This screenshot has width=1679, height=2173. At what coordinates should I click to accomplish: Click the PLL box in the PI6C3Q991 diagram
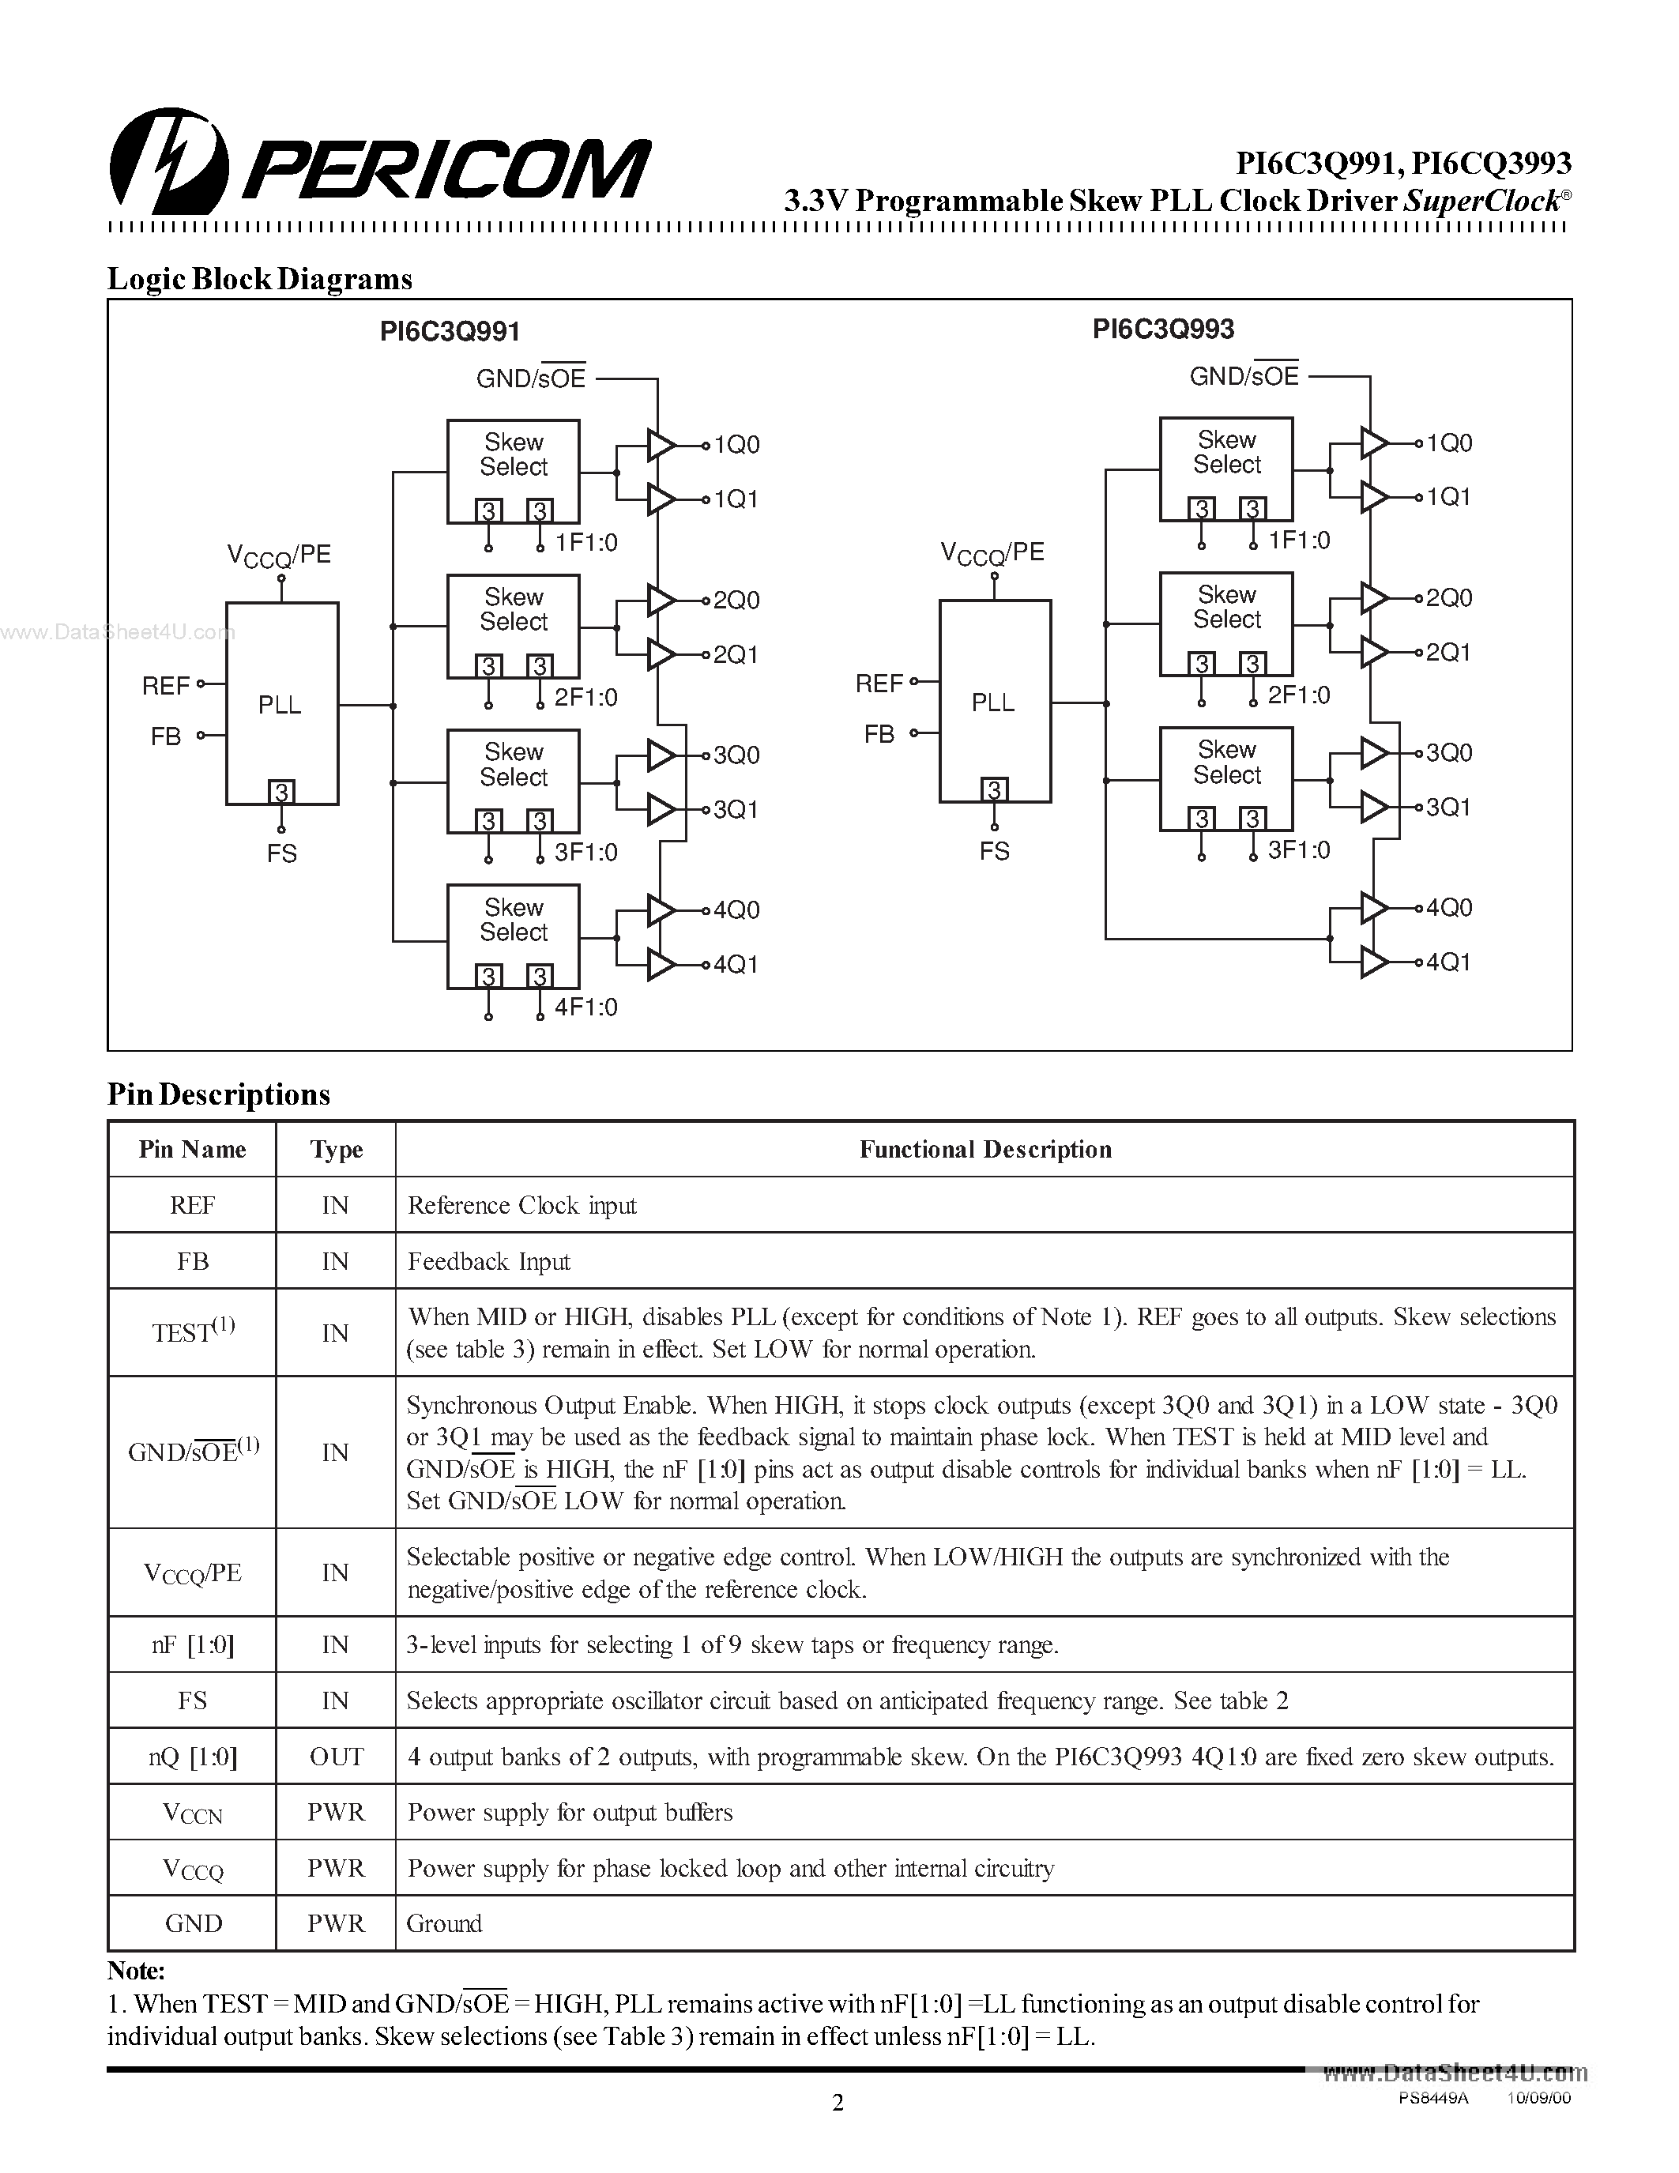(281, 703)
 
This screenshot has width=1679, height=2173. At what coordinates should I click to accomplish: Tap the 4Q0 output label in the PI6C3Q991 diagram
(736, 909)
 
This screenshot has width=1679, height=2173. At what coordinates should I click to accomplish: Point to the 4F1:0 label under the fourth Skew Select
(585, 1007)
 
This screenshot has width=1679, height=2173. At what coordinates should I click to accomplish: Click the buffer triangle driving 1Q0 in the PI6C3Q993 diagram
(1374, 443)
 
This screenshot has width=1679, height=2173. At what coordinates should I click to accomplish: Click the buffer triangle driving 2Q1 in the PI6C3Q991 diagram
(661, 655)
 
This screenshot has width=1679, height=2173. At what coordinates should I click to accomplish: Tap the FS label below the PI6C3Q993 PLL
(994, 851)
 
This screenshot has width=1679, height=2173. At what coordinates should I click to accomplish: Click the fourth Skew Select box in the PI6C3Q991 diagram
(514, 936)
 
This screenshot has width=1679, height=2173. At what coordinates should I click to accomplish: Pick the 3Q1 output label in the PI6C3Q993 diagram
(1448, 807)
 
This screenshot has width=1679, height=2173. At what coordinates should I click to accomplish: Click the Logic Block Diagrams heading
(260, 279)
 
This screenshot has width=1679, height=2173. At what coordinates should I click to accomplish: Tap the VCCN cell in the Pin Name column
(192, 1813)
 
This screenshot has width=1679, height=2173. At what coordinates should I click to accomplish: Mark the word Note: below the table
(136, 1970)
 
